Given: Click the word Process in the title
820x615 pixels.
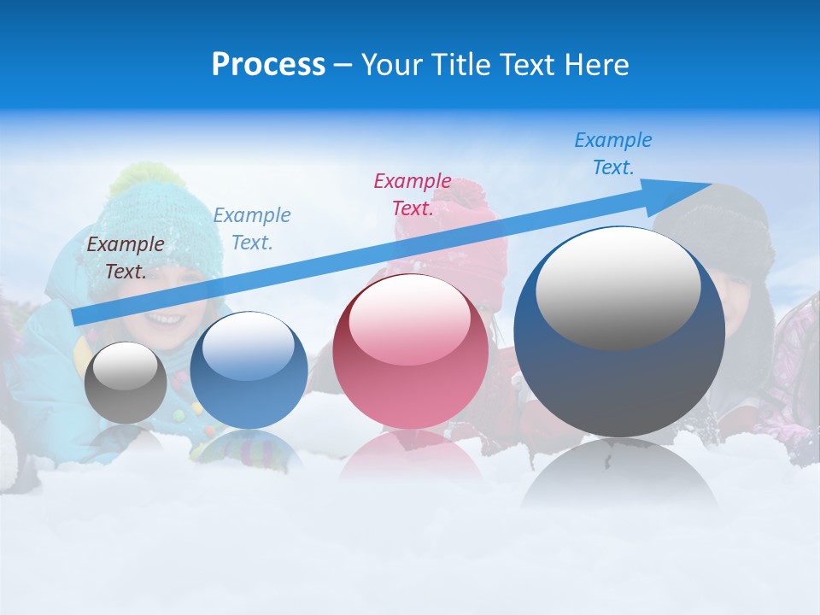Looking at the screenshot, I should click(268, 65).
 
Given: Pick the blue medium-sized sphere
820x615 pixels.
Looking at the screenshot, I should click(249, 371).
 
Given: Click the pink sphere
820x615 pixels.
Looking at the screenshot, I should click(410, 352).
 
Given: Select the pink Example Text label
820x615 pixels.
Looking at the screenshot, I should click(413, 195).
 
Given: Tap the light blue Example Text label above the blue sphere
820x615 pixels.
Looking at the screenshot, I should click(252, 229).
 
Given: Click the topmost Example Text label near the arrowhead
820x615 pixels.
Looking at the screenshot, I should click(613, 154).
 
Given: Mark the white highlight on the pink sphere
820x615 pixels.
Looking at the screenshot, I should click(409, 320).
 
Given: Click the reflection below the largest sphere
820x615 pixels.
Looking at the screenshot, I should click(620, 474).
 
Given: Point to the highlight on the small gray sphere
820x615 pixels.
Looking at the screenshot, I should click(125, 366).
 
